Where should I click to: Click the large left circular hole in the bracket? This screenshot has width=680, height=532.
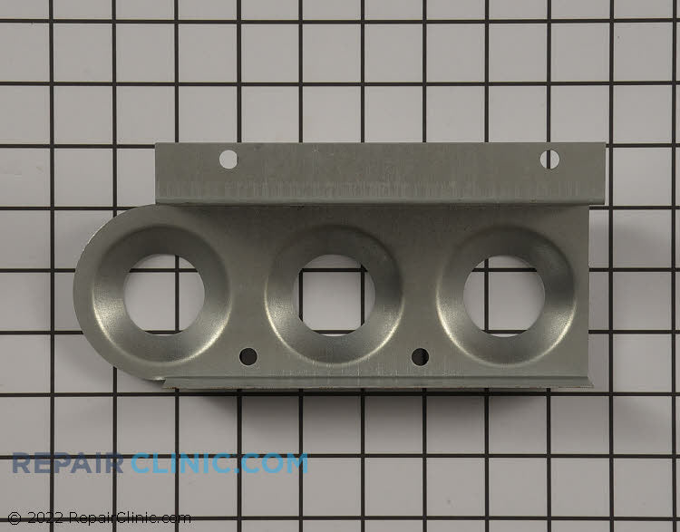[x=164, y=294]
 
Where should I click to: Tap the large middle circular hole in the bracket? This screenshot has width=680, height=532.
[x=334, y=295]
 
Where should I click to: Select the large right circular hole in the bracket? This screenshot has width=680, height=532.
[x=504, y=295]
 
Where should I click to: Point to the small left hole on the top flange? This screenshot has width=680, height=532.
[x=228, y=160]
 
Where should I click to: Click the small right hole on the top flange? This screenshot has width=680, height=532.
[x=549, y=160]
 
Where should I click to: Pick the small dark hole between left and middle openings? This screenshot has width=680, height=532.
[x=248, y=356]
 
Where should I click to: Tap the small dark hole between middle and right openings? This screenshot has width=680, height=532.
[x=420, y=356]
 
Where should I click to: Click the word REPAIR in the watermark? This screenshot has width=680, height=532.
[x=68, y=463]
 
